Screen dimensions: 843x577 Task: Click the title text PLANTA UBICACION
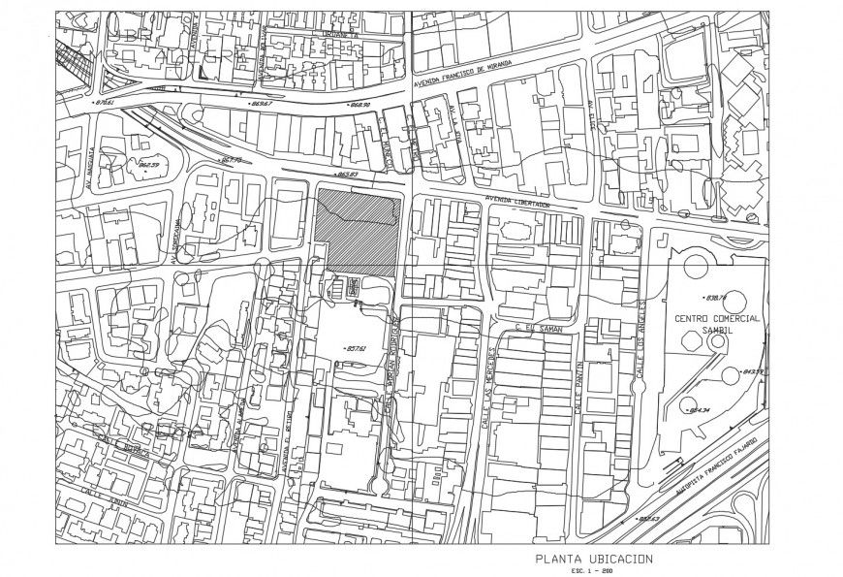(594, 559)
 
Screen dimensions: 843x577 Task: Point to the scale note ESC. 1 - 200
(594, 570)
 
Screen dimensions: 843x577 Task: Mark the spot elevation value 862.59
(148, 165)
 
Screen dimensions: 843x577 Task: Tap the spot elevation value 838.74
(718, 298)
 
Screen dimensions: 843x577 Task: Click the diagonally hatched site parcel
(358, 230)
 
